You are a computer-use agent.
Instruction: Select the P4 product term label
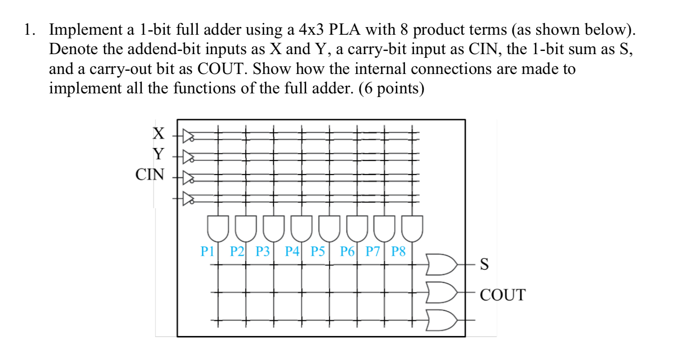pos(292,251)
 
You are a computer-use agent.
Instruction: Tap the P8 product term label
pos(399,251)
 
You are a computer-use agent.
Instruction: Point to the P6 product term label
pos(347,251)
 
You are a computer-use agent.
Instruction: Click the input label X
pos(158,134)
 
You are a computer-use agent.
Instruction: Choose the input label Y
pos(158,154)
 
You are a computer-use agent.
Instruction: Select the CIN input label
pos(150,175)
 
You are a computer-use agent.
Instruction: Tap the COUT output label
pos(503,295)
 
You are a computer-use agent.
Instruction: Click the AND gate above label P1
pos(219,228)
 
